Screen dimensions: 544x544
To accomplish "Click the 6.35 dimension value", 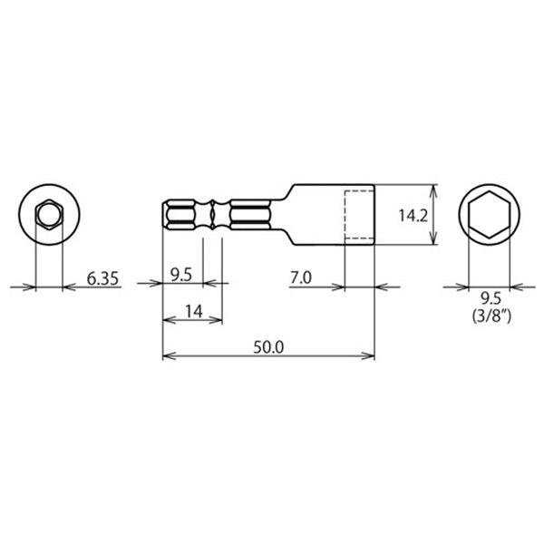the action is coord(102,278).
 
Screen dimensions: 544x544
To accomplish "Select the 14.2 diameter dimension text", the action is coord(413,216).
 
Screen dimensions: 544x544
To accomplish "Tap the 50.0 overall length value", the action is coord(268,347).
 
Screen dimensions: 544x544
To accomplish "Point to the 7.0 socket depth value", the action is coord(301,277).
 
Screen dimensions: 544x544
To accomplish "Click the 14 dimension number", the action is coord(194,311).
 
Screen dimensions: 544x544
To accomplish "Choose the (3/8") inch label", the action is coord(491,316).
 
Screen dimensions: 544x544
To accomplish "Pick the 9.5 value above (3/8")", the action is coord(491,298).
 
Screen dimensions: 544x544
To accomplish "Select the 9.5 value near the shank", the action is coord(181,275).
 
